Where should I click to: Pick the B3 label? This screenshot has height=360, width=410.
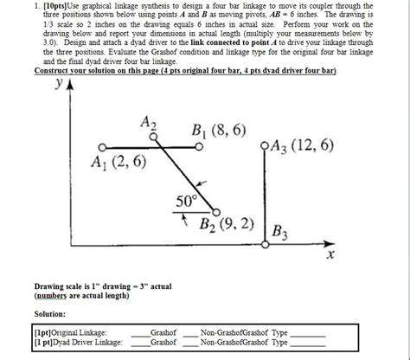tap(281, 232)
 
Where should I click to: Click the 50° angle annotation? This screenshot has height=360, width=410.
tap(187, 202)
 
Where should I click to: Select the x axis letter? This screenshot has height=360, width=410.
tap(329, 256)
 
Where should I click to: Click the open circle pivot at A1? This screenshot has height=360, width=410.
tap(102, 147)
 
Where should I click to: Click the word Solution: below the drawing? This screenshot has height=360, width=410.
tap(51, 315)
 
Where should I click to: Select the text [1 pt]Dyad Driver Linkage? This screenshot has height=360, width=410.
tap(77, 342)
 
